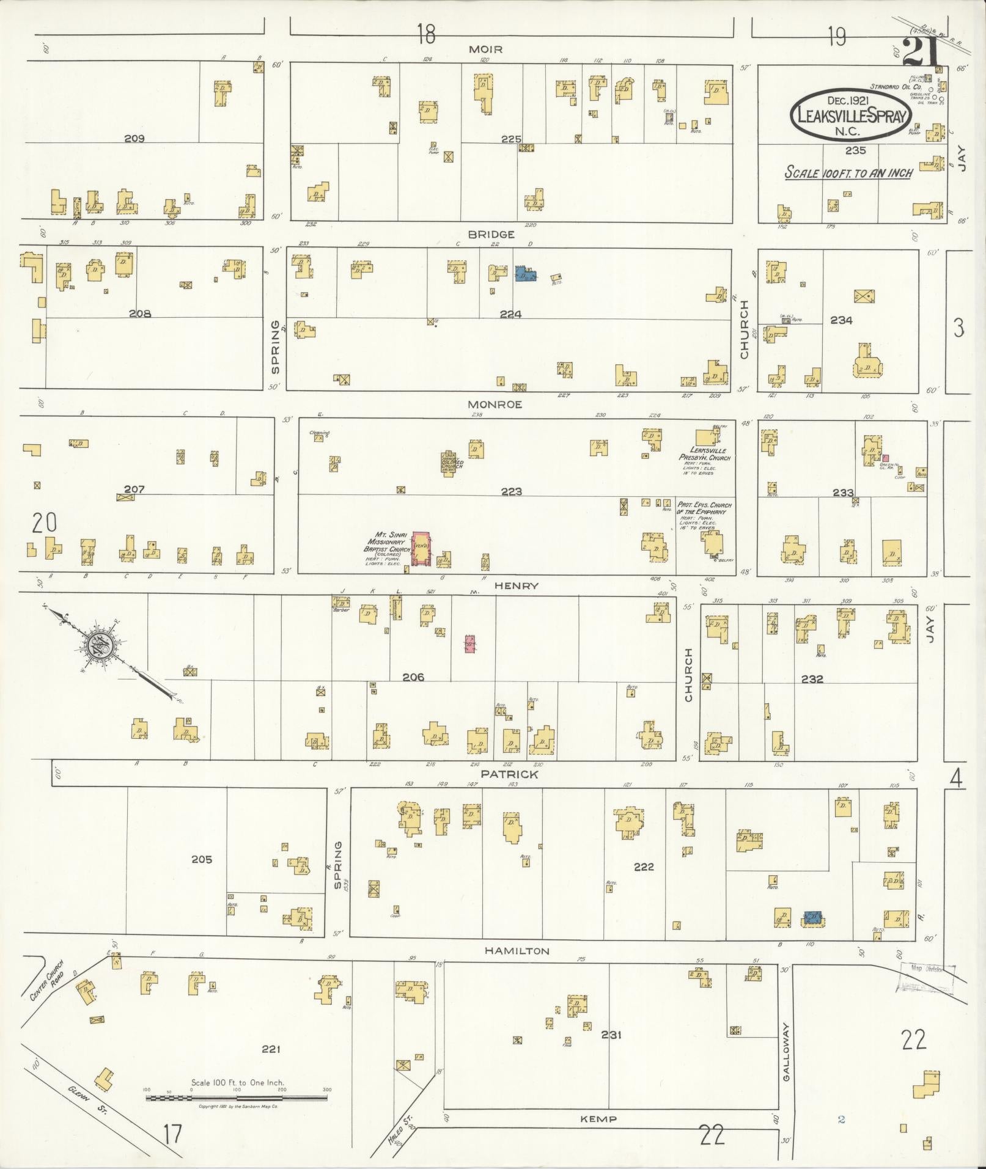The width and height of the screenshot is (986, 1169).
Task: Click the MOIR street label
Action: [485, 49]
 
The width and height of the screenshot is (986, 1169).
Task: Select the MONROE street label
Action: [495, 405]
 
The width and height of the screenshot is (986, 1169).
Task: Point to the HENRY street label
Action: [516, 585]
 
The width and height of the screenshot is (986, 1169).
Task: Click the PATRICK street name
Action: [509, 774]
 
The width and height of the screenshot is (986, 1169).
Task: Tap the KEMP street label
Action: [599, 1119]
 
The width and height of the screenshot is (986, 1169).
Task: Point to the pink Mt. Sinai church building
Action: [421, 548]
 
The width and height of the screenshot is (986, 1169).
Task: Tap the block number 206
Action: [413, 677]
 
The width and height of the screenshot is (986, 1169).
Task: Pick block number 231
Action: [611, 1035]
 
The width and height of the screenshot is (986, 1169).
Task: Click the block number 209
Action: [134, 139]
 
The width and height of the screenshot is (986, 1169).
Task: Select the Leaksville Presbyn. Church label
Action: [704, 453]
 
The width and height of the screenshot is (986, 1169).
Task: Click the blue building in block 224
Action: [526, 274]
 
